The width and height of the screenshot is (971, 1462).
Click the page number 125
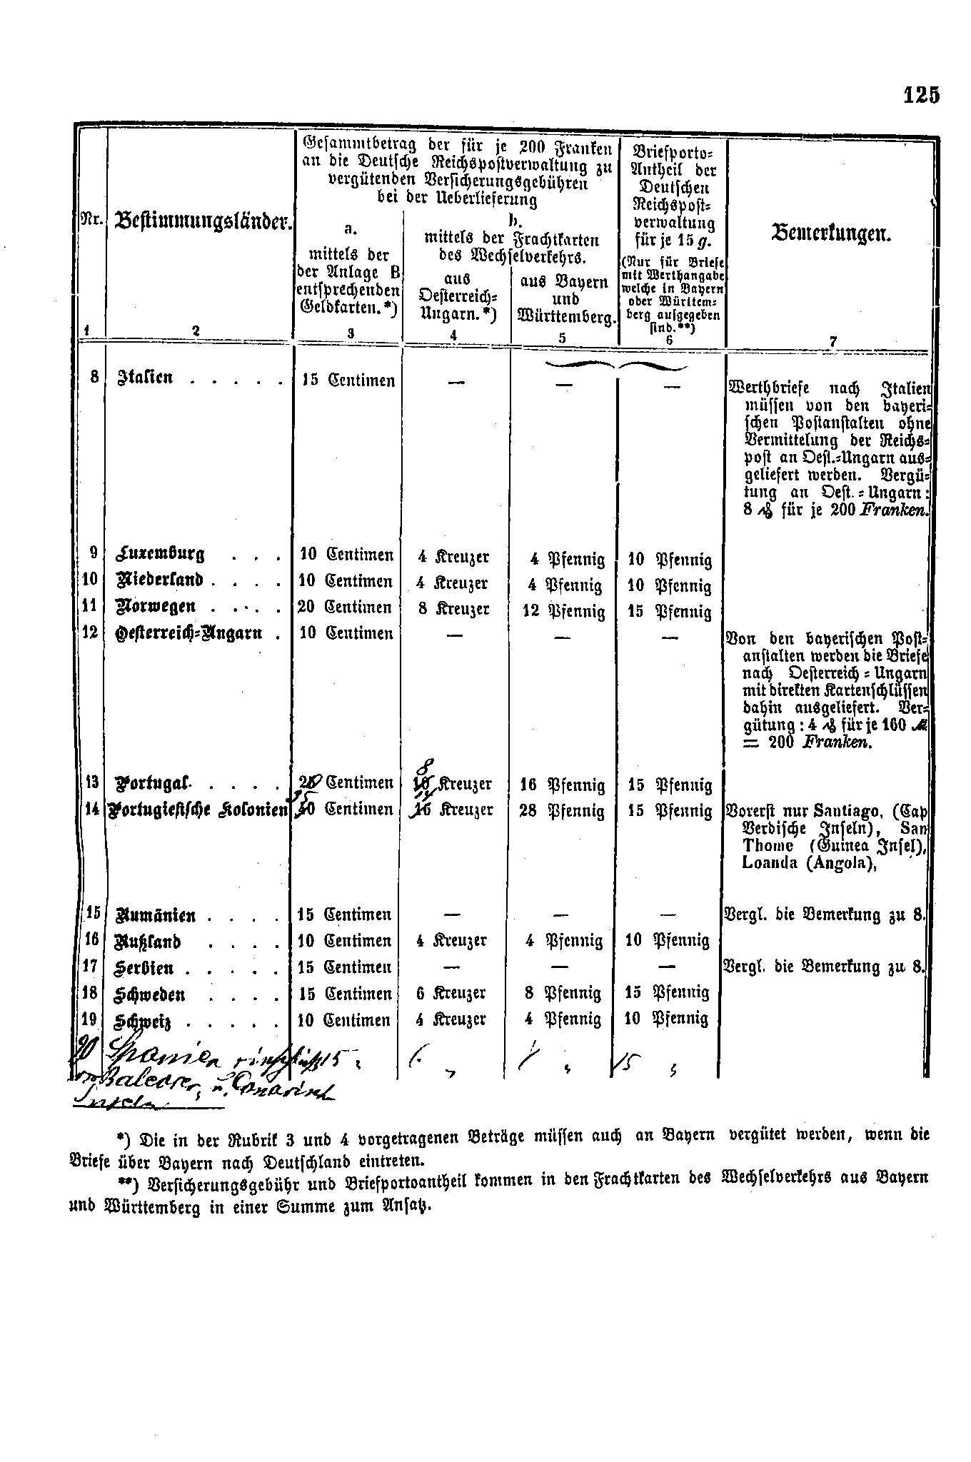click(921, 95)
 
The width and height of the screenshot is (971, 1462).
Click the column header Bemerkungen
click(832, 233)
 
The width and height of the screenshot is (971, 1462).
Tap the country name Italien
click(146, 377)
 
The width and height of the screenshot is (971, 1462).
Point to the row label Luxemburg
click(159, 554)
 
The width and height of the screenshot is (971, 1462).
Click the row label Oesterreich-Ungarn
click(188, 633)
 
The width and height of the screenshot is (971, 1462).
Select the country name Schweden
click(151, 994)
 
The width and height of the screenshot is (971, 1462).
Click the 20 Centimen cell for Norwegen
click(346, 607)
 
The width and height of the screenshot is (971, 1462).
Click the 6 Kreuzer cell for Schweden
click(452, 993)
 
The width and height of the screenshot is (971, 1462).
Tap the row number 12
click(90, 632)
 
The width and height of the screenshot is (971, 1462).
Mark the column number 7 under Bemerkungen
click(832, 341)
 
